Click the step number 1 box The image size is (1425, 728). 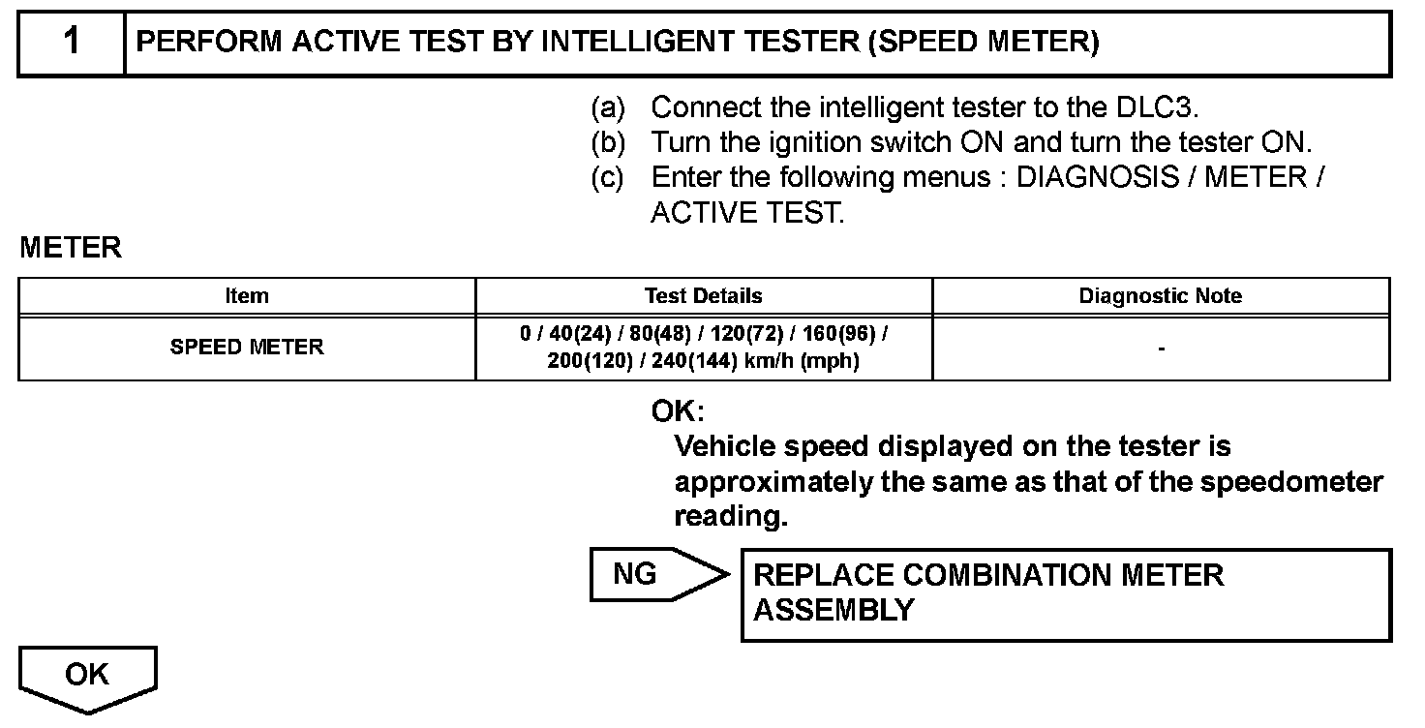tap(72, 43)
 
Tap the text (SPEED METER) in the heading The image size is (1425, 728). tap(984, 43)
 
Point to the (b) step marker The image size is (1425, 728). tap(608, 142)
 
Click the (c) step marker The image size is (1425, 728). tap(608, 178)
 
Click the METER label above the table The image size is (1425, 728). tap(71, 248)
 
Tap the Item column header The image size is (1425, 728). tap(247, 296)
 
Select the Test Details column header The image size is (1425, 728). tap(704, 296)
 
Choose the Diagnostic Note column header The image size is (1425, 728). tap(1161, 296)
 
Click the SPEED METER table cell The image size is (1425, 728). tap(247, 347)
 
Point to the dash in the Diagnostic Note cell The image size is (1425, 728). tap(1161, 348)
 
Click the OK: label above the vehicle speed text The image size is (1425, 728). tap(678, 411)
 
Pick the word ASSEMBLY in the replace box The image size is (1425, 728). tap(834, 611)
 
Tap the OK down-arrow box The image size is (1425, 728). tap(87, 677)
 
